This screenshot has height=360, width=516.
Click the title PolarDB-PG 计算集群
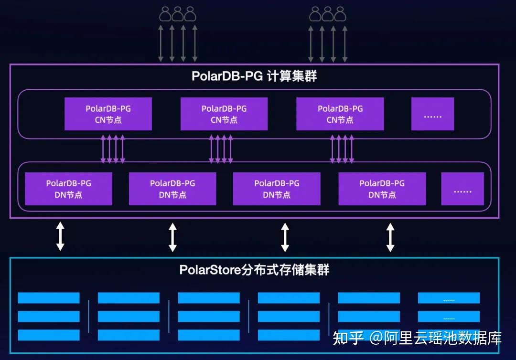tap(254, 76)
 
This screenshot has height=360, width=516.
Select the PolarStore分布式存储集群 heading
tap(254, 270)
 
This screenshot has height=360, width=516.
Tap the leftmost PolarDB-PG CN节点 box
tap(108, 114)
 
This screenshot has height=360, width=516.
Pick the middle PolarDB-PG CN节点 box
tap(224, 114)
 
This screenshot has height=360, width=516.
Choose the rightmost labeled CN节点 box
tap(340, 114)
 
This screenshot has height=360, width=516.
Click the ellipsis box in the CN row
tap(432, 114)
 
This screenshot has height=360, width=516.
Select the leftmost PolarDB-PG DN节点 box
tap(68, 189)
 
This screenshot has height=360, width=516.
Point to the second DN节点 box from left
tap(172, 189)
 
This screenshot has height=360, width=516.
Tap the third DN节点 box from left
tap(277, 189)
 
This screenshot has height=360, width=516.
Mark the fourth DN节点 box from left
tap(382, 189)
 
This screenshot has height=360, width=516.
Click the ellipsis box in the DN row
tap(462, 189)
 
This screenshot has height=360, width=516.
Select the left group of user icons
tap(178, 14)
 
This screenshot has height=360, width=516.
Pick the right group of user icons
tap(328, 14)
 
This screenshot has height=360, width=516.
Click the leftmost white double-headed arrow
tap(60, 236)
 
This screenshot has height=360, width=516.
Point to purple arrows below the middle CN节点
tap(221, 148)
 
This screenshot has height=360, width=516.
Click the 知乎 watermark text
tap(348, 338)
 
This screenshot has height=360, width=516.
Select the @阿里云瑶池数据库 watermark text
tap(436, 338)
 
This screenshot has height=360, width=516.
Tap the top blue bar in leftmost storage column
tap(49, 298)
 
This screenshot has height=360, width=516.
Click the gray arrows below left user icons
tap(178, 43)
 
